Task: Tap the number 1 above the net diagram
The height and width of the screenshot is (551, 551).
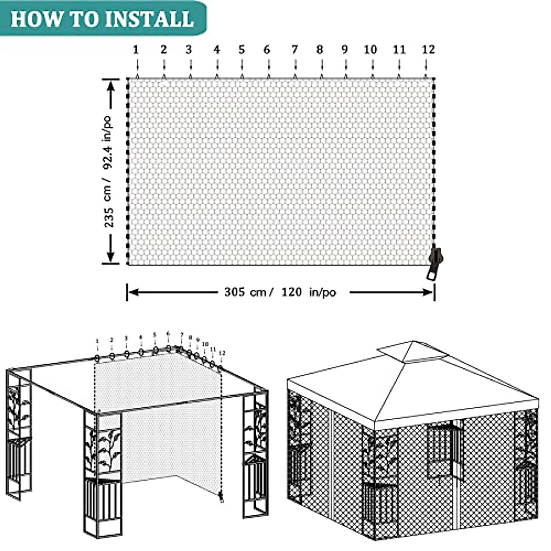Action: [136, 50]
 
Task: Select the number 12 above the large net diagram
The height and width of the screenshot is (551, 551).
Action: [428, 50]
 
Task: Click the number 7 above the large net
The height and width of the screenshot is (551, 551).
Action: [295, 50]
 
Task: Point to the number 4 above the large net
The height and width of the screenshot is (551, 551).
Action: [217, 50]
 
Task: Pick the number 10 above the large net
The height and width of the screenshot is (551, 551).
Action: [370, 50]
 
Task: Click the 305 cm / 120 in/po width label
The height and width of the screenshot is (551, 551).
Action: [280, 292]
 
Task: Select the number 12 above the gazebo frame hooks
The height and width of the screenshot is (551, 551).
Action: [222, 353]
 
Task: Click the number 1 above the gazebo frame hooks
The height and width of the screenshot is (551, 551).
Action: [97, 341]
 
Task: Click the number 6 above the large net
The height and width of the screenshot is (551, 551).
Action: [267, 50]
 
